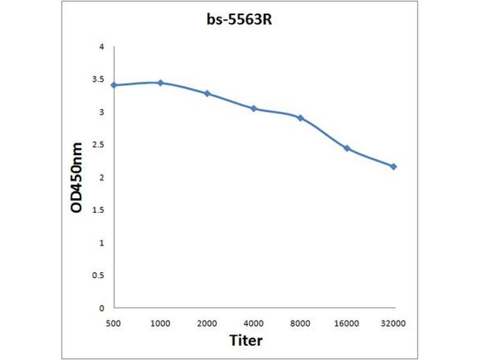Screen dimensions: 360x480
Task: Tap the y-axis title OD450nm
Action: [x=77, y=178]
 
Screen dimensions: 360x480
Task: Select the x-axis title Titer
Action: [x=246, y=341]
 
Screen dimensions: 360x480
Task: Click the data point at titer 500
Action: [x=113, y=85]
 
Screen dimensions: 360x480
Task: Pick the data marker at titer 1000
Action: [x=160, y=83]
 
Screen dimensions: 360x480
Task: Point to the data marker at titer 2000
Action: [x=207, y=94]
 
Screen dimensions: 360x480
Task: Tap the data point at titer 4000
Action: [x=254, y=109]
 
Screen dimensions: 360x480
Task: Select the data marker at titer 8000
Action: [x=300, y=118]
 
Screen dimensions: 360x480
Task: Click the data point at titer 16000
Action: [x=347, y=148]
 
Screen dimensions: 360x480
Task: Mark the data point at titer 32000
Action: [x=394, y=166]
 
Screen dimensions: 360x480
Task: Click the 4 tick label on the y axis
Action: [x=102, y=47]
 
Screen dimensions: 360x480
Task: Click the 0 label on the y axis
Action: [x=102, y=308]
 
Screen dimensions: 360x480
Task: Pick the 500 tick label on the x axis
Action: [x=113, y=323]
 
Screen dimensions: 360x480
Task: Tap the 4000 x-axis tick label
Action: [x=254, y=323]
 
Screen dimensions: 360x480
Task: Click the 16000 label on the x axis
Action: [x=347, y=323]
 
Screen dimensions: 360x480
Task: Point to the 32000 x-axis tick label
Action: [x=394, y=323]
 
